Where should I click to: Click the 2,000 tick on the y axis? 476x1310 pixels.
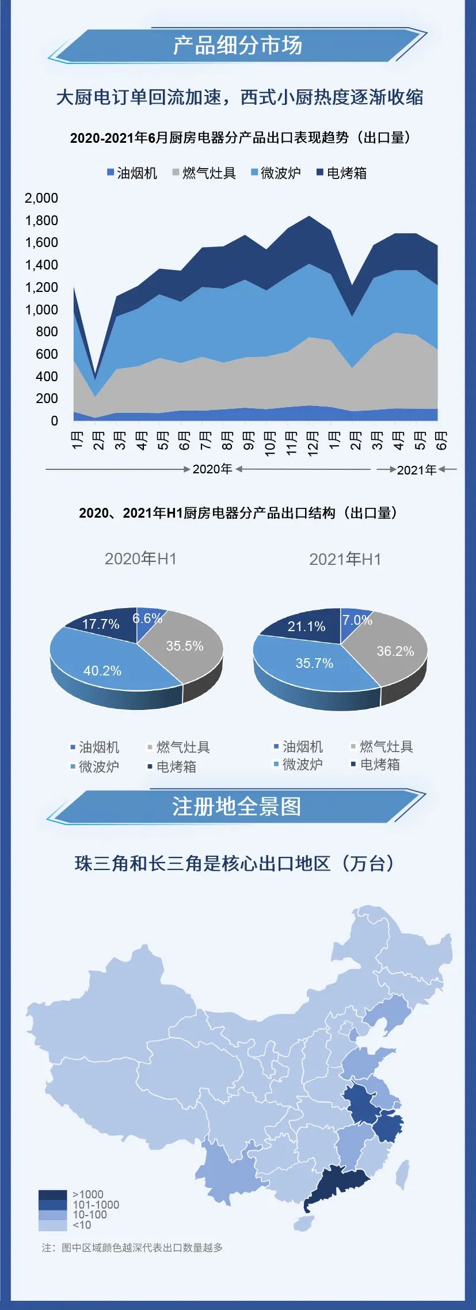coord(41,198)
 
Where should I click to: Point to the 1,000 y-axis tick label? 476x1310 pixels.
coord(41,310)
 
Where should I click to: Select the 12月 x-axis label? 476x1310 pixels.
coord(313,444)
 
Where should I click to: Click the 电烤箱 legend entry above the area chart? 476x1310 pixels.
coord(342,173)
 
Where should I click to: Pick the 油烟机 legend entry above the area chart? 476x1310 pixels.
coord(132,173)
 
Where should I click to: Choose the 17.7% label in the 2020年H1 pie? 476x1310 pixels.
coord(101,624)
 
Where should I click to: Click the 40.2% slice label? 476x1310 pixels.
coord(102,671)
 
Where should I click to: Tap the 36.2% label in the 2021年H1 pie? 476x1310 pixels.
coord(395,651)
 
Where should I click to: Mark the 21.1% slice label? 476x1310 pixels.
coord(306,626)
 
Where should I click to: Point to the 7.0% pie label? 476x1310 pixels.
coord(357,620)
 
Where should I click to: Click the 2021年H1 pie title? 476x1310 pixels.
coord(345,559)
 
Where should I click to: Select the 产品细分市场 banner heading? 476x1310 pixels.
coord(238,45)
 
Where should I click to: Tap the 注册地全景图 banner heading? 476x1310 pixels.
coord(237,807)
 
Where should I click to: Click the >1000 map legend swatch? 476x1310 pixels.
coord(53,1195)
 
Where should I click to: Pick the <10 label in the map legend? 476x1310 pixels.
coord(82,1225)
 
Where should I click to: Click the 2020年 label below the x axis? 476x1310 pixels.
coord(212,469)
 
